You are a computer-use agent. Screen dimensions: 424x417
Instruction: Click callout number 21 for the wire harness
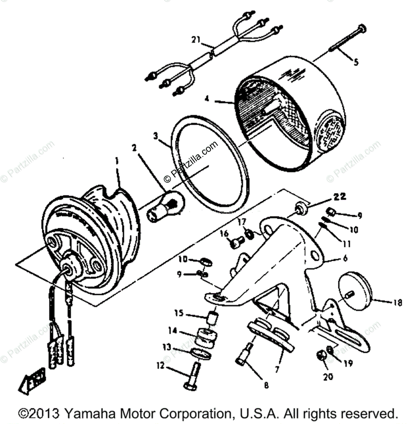click(196, 40)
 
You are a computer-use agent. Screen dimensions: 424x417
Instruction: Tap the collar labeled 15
click(213, 317)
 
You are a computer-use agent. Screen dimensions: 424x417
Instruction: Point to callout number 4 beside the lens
click(207, 99)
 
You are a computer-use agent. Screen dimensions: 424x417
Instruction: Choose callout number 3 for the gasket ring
click(156, 136)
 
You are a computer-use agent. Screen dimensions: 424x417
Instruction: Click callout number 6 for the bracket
click(345, 258)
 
